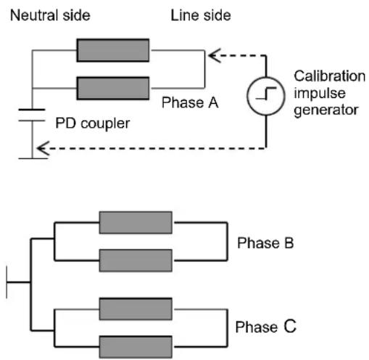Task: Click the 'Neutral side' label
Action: coord(50,15)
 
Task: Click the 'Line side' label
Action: coord(201,15)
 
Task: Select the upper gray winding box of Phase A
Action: coord(113,50)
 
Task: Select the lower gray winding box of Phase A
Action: coord(113,89)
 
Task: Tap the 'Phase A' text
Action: coord(190,102)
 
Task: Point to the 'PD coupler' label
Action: coord(93,123)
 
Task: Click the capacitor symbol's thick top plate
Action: coord(32,110)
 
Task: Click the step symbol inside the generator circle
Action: coord(266,94)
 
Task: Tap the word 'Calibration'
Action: coord(329,76)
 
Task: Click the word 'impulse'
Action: coord(320,93)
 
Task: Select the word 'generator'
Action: coord(326,110)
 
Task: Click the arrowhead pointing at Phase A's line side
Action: coord(215,56)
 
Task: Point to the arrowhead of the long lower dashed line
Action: coord(43,148)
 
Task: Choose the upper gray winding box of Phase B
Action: coord(136,223)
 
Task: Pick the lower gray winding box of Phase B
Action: coord(136,261)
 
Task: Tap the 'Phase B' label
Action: coord(265,243)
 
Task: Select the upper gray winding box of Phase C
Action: coord(136,309)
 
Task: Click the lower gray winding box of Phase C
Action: coord(136,347)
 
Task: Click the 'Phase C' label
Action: coord(266,327)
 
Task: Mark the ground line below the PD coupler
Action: coord(33,158)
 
